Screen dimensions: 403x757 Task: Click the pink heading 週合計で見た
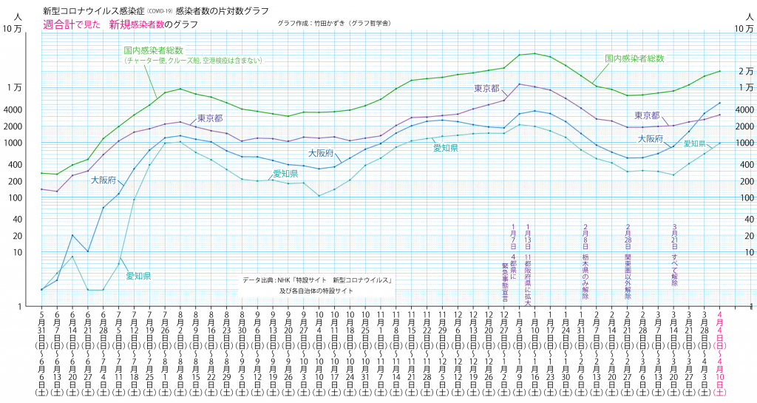(71, 24)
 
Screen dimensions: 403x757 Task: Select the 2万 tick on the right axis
(745, 71)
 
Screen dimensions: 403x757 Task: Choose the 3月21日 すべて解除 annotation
(674, 254)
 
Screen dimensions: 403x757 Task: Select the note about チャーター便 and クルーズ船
(194, 60)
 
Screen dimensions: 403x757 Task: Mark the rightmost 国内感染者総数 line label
(634, 58)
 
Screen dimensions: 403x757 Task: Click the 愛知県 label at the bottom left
(138, 276)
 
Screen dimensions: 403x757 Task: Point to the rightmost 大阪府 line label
(651, 138)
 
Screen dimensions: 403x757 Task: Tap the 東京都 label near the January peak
(487, 88)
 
